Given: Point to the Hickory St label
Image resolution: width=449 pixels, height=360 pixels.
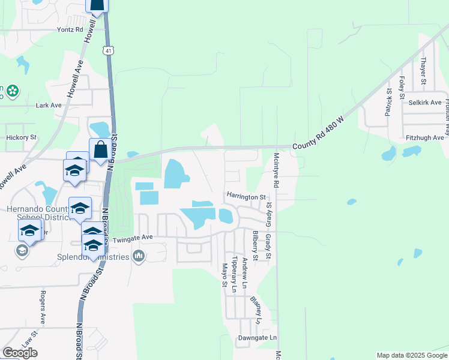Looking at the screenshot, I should pos(21,137).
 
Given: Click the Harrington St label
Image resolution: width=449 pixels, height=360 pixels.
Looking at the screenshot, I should pos(246,196).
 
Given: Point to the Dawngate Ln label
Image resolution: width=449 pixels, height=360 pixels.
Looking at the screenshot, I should pos(257,338).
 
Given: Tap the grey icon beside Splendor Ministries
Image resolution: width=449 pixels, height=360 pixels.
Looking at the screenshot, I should pos(139,257).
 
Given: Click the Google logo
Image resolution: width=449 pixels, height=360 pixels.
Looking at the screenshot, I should pos(20,353).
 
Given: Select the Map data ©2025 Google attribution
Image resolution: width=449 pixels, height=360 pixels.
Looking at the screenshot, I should pos(411,355).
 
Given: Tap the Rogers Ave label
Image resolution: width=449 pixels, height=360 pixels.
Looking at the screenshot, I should pos(43,307).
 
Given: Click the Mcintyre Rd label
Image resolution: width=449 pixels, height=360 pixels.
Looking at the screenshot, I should pos(277,170).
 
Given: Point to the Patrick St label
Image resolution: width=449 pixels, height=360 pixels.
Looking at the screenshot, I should pos(389,102).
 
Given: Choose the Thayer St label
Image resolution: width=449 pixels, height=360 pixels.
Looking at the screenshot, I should pos(423,71).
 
